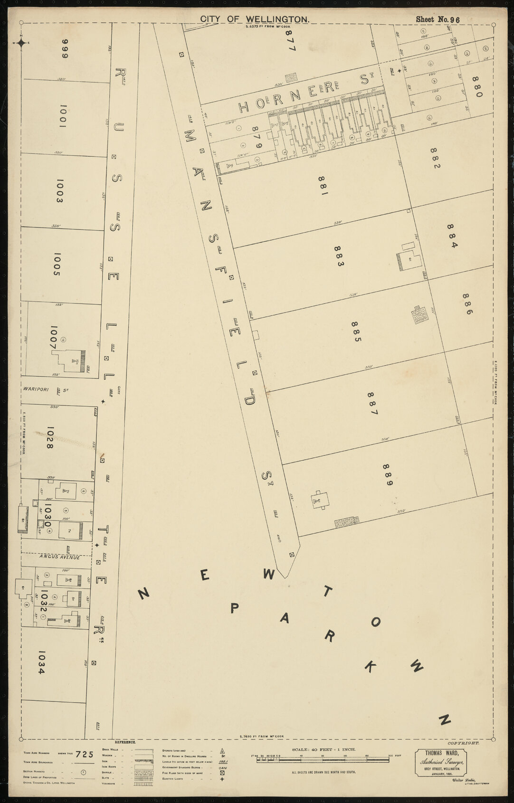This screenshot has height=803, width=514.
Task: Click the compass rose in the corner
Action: tap(22, 43)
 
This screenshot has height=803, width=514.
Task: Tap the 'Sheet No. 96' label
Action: tap(438, 19)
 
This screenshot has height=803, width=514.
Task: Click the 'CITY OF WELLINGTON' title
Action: tap(255, 19)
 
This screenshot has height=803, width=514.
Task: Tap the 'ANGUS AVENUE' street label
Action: tap(60, 557)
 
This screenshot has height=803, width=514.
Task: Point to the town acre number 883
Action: tap(338, 256)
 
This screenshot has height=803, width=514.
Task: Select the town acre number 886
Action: tap(467, 304)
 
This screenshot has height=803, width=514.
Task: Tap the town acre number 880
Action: tap(477, 86)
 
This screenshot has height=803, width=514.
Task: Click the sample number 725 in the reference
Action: tap(85, 754)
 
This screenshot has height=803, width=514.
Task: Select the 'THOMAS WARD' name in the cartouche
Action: tap(438, 753)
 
